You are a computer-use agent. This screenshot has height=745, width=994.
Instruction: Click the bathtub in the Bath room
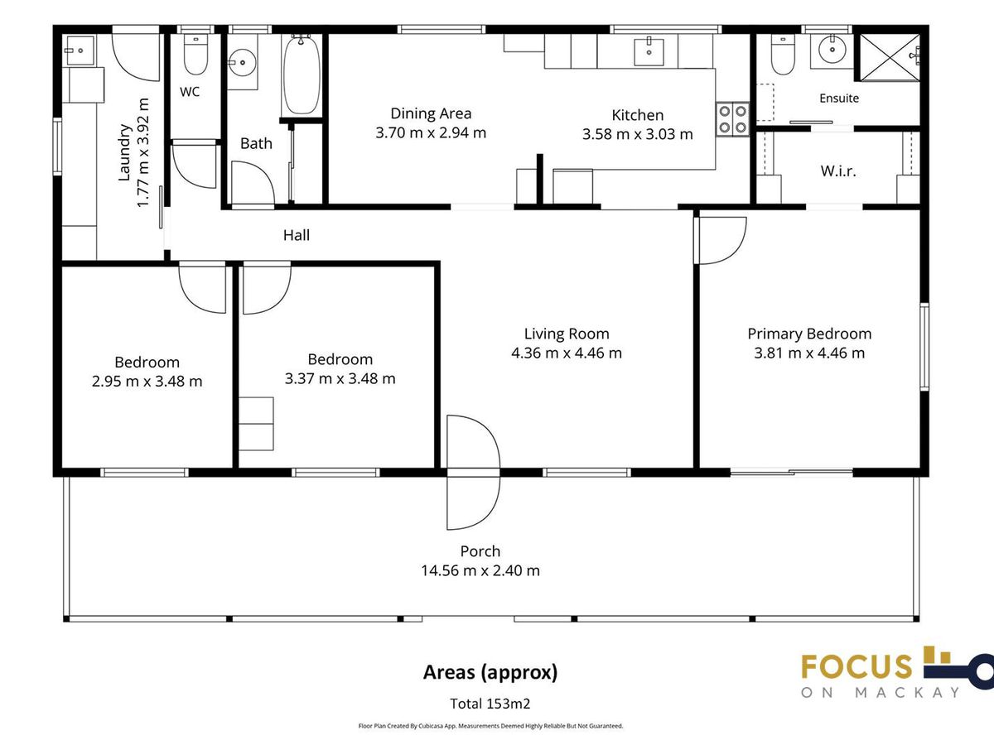pos(302,75)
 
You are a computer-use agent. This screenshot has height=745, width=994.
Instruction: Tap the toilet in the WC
pos(195,55)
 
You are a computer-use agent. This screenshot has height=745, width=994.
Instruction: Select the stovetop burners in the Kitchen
pos(732,119)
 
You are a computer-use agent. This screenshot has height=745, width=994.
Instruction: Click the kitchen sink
pos(649,52)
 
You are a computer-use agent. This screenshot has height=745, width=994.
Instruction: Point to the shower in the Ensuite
pos(890,57)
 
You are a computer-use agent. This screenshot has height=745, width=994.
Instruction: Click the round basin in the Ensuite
pos(832,50)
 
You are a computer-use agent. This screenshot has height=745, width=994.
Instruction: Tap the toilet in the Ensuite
pos(783,55)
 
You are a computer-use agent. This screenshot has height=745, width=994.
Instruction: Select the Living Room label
pos(567,334)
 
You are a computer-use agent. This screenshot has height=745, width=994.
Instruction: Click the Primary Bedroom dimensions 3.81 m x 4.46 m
pos(809,353)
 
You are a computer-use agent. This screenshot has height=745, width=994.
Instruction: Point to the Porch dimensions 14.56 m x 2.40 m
pos(480,570)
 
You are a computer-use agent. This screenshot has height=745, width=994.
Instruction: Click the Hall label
pos(297,235)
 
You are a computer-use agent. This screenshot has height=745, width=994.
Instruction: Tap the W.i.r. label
pos(838,171)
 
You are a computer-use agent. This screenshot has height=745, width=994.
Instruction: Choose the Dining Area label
pos(431,113)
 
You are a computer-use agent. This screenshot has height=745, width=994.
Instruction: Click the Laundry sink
pos(80,50)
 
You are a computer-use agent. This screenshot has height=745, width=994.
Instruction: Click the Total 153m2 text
pos(490,704)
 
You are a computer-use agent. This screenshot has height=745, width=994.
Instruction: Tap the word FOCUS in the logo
pos(856,666)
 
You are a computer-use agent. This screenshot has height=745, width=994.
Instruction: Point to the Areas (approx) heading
pos(490,673)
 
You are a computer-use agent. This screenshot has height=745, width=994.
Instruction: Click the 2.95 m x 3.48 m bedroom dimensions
pos(147,382)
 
